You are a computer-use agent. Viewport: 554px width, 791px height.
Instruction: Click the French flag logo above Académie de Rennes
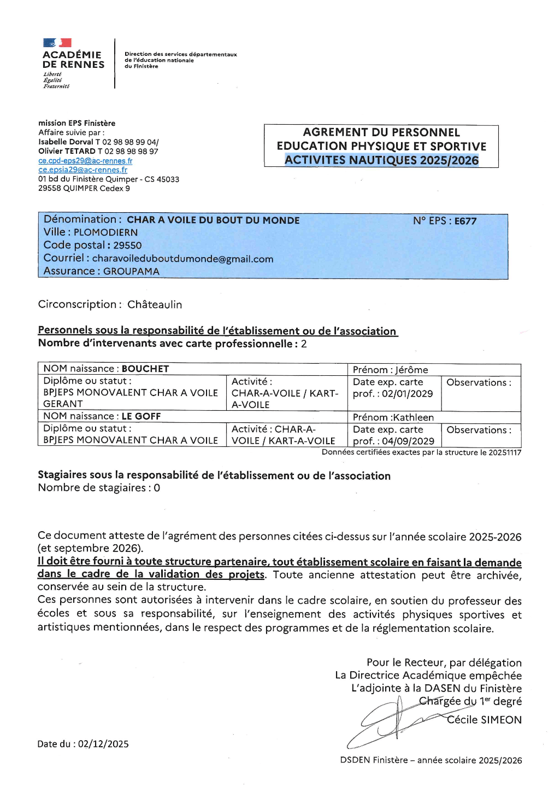pyautogui.click(x=57, y=43)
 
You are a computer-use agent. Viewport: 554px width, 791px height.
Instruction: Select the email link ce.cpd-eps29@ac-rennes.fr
pyautogui.click(x=85, y=161)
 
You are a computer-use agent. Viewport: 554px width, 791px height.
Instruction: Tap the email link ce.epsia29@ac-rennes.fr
pyautogui.click(x=82, y=170)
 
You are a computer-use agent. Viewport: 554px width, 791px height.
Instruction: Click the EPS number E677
pyautogui.click(x=465, y=221)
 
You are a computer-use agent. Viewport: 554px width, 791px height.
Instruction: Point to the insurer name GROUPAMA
pyautogui.click(x=131, y=271)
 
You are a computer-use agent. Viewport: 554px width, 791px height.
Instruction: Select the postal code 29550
pyautogui.click(x=127, y=246)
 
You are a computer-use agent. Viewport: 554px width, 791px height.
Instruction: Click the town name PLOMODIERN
pyautogui.click(x=106, y=232)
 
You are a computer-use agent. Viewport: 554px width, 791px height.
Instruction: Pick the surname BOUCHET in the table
pyautogui.click(x=145, y=369)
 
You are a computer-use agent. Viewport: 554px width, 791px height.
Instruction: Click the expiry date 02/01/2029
pyautogui.click(x=407, y=394)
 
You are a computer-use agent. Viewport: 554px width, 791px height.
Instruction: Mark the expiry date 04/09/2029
pyautogui.click(x=408, y=441)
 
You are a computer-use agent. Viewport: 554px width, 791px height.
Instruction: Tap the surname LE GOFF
pyautogui.click(x=141, y=417)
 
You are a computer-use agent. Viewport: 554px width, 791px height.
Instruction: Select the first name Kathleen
pyautogui.click(x=414, y=418)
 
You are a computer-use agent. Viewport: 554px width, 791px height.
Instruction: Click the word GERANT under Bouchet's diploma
pyautogui.click(x=63, y=404)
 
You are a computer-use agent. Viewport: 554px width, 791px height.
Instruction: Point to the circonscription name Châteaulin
pyautogui.click(x=155, y=305)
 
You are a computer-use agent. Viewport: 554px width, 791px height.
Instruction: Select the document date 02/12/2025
pyautogui.click(x=103, y=744)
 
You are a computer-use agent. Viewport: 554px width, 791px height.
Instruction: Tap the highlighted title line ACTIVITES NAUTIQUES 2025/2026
pyautogui.click(x=381, y=160)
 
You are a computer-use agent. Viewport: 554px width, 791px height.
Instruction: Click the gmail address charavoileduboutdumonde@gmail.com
pyautogui.click(x=182, y=259)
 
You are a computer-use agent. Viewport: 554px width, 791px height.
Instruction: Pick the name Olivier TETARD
pyautogui.click(x=67, y=152)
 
